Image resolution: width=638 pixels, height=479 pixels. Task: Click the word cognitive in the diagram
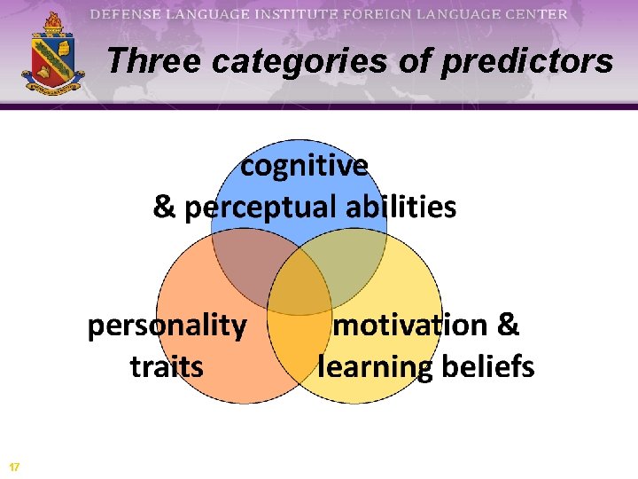(305, 166)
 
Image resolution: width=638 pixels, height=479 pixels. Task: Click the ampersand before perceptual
(165, 208)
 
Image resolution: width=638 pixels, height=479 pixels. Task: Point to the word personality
(167, 326)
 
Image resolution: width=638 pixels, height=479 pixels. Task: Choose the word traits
(167, 365)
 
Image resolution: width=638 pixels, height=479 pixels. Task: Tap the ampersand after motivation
(508, 325)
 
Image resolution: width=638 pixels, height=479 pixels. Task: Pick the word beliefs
(485, 365)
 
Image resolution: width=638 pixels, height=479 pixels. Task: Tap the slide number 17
(14, 467)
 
